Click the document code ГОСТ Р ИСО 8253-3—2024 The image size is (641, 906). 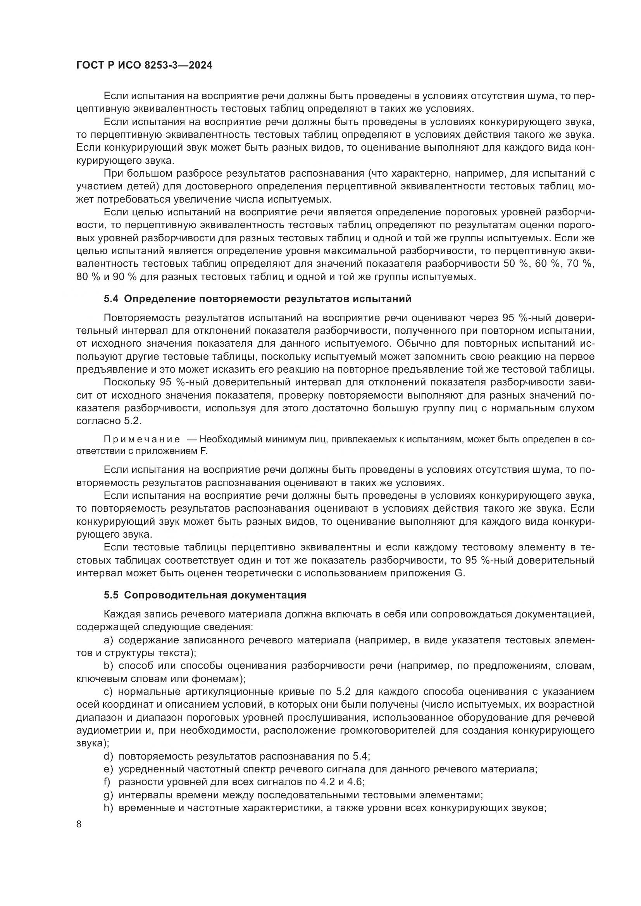pos(144,65)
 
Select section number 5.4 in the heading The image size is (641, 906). pos(111,299)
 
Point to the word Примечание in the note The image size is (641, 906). pos(142,440)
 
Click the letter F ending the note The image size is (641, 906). pos(204,451)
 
